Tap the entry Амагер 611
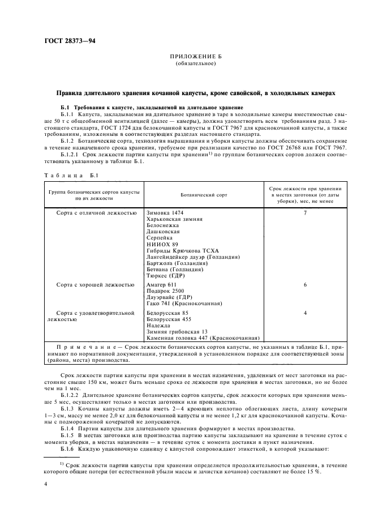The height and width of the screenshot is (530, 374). pos(162,284)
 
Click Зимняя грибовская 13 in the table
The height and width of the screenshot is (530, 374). pos(177,331)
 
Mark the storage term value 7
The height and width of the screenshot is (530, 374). pos(305,212)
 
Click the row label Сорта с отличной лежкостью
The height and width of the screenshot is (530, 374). pos(96,212)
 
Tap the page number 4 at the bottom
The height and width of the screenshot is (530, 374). pos(45,485)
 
